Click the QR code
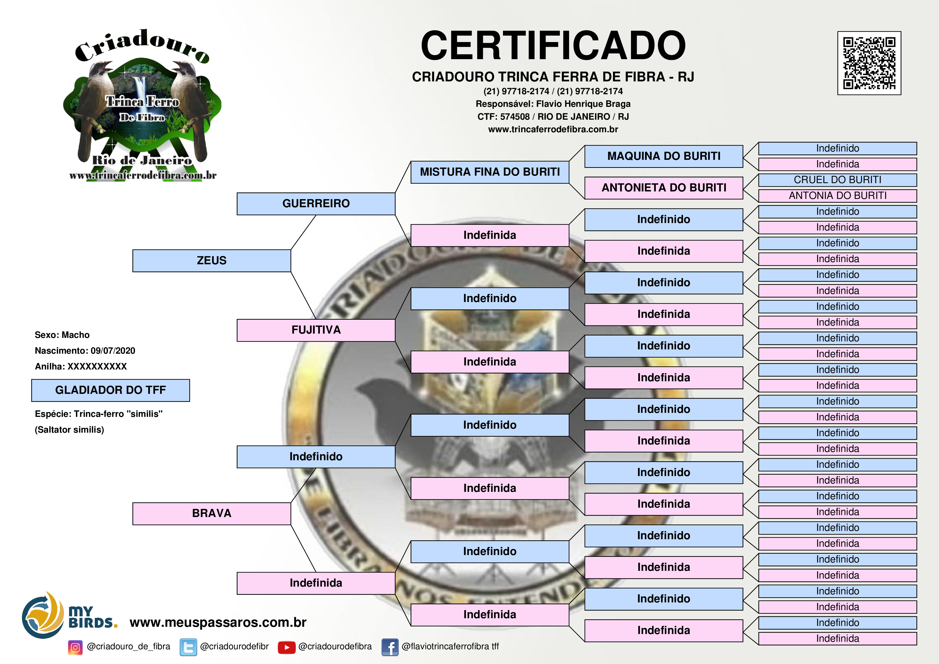869,63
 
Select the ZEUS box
211,261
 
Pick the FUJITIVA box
316,330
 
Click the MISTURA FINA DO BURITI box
490,172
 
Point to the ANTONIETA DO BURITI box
664,188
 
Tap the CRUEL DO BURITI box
838,180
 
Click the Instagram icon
75,647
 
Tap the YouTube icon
287,647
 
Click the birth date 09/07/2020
113,351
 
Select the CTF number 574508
515,116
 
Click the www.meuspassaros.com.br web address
218,622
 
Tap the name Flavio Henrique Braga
583,104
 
